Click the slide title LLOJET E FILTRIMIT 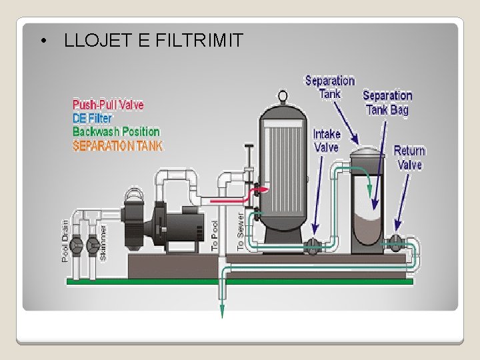click(x=153, y=41)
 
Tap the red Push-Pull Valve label click(x=108, y=105)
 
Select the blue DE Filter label click(x=92, y=118)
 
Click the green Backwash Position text click(x=116, y=131)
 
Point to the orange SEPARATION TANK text click(x=117, y=145)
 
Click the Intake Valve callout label click(x=326, y=141)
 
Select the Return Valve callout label click(x=409, y=157)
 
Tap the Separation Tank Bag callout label click(x=387, y=103)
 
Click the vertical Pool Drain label click(x=65, y=241)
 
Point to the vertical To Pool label click(x=215, y=235)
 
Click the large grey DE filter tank click(x=282, y=173)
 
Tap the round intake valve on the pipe click(x=313, y=247)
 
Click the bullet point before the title click(x=43, y=41)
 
